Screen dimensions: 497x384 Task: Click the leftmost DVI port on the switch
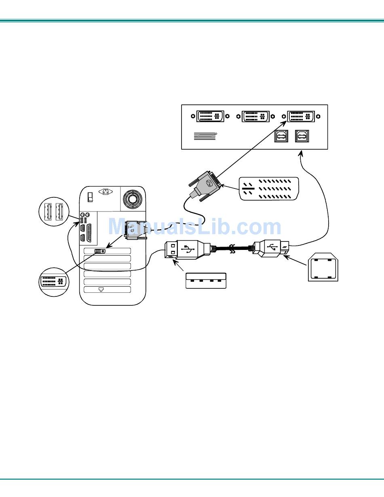[x=210, y=116]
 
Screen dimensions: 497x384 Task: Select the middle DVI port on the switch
[x=255, y=116]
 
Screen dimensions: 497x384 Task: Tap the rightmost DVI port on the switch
[x=301, y=116]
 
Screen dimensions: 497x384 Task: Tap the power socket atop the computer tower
[x=106, y=192]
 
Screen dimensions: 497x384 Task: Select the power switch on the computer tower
[x=91, y=197]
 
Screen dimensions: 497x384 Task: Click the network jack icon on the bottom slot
[x=101, y=290]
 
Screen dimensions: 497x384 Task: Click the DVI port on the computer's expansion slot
[x=99, y=251]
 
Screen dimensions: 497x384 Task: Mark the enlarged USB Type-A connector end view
[x=206, y=281]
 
